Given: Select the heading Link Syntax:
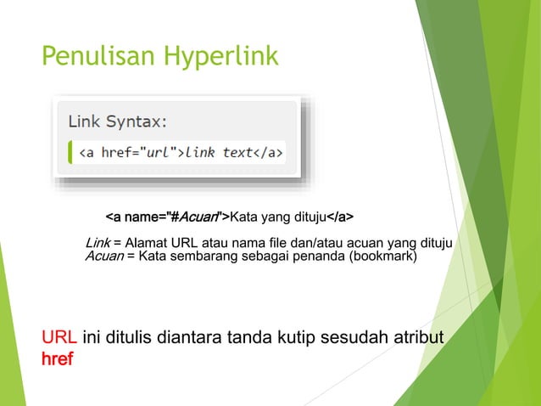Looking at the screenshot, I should (118, 121).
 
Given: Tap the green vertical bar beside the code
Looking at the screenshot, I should (70, 152).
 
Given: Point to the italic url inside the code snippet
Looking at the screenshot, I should (158, 153).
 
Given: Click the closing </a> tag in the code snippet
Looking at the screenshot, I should (269, 153).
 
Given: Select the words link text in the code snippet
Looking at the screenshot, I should (219, 153).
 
